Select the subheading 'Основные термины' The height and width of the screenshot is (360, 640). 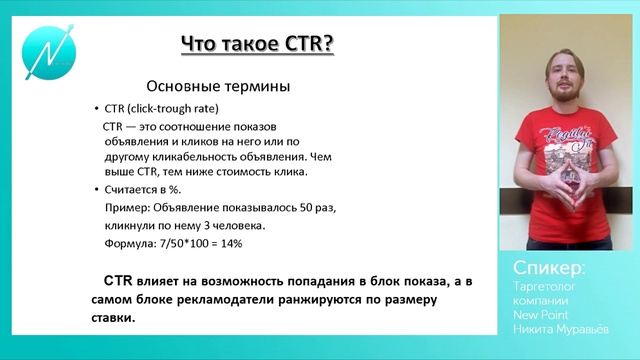coord(211,87)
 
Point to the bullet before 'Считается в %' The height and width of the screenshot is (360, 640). coord(95,189)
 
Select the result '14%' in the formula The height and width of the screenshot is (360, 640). coord(230,243)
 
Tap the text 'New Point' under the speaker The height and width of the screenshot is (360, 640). coord(541,314)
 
